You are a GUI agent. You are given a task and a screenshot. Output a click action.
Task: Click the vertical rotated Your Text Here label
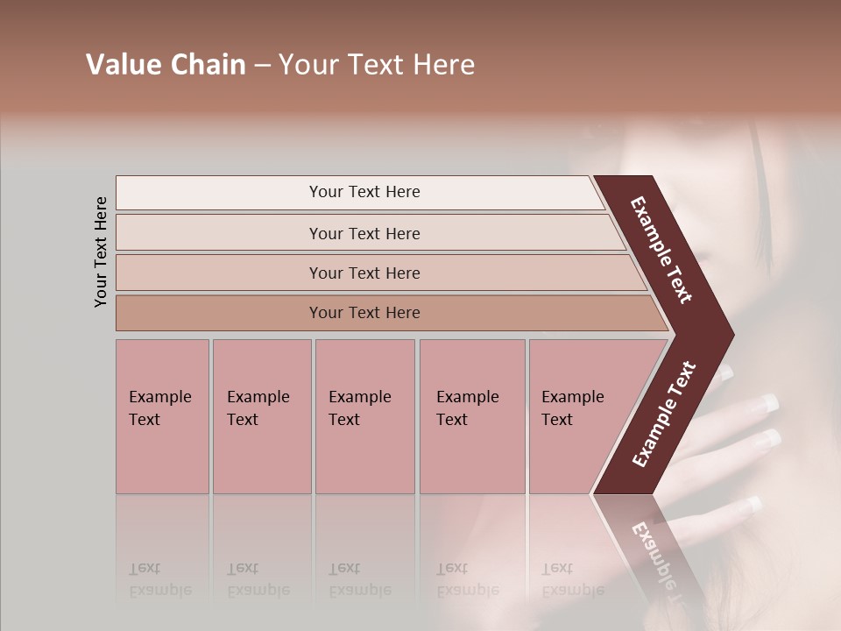[x=101, y=252]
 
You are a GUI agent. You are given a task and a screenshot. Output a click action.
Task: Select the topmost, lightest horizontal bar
[x=359, y=192]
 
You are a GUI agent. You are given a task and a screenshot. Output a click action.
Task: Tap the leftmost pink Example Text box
[x=162, y=416]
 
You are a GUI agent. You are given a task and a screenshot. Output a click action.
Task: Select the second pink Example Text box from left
[x=261, y=416]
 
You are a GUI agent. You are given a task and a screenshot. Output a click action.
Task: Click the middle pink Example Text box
[x=364, y=416]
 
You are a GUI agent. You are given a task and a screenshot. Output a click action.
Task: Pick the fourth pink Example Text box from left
[x=472, y=416]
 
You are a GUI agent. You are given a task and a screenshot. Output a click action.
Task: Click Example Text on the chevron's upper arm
[x=661, y=250]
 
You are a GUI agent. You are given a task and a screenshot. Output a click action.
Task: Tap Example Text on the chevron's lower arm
[x=663, y=414]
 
